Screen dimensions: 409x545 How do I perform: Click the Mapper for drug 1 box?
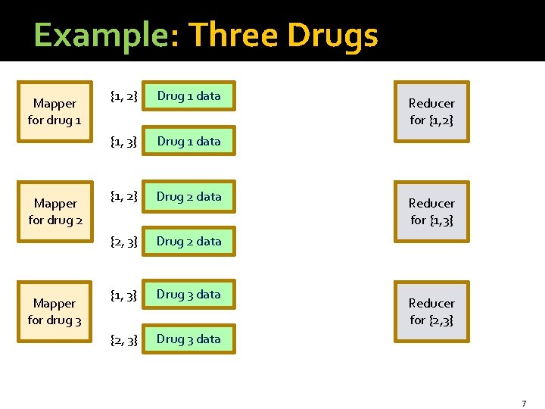54,111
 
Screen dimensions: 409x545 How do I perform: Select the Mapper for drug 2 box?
54,211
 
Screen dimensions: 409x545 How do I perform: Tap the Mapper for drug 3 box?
54,311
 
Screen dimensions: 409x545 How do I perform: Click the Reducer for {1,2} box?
431,111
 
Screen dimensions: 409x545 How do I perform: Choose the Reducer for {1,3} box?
431,211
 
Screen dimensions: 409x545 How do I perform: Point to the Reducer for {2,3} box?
431,311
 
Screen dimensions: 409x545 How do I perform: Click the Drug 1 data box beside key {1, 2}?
188,96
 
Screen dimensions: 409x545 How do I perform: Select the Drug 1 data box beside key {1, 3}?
188,142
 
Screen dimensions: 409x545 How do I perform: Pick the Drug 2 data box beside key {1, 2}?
188,197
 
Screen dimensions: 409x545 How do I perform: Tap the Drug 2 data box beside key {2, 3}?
188,242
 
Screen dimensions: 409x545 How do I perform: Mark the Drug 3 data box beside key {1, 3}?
188,295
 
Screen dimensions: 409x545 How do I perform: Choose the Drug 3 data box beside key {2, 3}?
188,339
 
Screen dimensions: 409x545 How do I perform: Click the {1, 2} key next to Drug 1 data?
123,96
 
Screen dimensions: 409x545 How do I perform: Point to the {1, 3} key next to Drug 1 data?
123,142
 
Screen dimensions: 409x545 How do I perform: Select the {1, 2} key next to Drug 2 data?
123,197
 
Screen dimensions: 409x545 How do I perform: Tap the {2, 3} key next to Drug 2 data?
123,242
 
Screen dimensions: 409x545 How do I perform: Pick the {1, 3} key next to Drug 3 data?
123,295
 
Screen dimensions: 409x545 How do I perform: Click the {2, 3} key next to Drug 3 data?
123,339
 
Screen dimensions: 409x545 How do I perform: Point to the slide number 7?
523,403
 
